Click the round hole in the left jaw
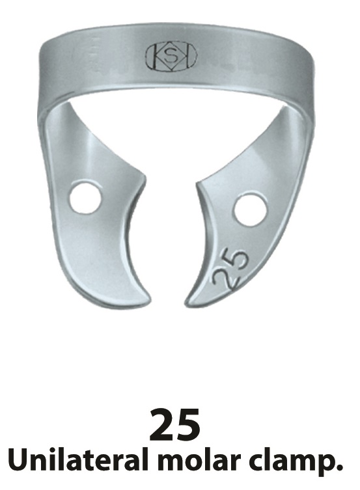click(85, 198)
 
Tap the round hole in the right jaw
click(250, 211)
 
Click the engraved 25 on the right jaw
click(230, 269)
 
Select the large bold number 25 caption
click(174, 424)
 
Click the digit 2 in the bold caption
click(161, 424)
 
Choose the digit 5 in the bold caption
click(188, 424)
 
